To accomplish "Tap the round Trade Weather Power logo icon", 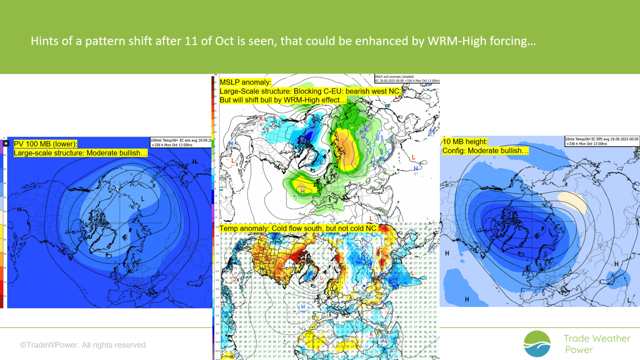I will (x=537, y=344).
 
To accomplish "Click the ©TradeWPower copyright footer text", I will (x=84, y=345).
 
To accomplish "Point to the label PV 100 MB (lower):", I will (x=46, y=143).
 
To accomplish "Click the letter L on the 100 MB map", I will (x=143, y=199).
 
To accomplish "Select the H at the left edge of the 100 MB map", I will (x=20, y=210).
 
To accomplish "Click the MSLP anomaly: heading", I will (x=246, y=82).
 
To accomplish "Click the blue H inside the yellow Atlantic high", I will (x=302, y=191).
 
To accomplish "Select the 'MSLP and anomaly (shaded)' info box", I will (x=407, y=78).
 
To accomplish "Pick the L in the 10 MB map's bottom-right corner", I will (x=629, y=301).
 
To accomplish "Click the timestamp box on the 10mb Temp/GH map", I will (x=601, y=141).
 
